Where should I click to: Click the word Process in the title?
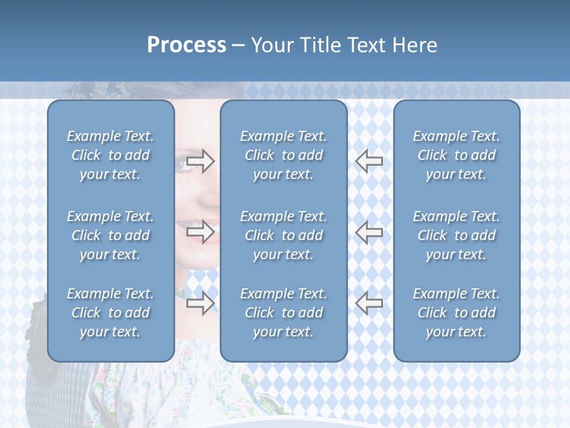click(x=186, y=45)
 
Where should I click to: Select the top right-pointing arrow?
click(x=200, y=160)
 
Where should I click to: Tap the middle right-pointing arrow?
click(x=200, y=232)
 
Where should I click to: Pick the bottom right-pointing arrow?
click(x=200, y=304)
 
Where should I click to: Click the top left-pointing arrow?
click(x=369, y=160)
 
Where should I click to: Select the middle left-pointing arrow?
click(x=369, y=232)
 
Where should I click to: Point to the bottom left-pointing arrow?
click(x=369, y=304)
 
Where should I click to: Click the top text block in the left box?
click(x=110, y=155)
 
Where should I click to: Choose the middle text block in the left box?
click(x=110, y=235)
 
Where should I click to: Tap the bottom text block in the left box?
click(x=110, y=313)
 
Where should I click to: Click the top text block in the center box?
click(x=283, y=155)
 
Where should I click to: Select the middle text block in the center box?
click(x=283, y=235)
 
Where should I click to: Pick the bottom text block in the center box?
click(x=283, y=313)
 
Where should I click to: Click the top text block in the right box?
click(x=456, y=155)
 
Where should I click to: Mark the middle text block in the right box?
click(x=456, y=235)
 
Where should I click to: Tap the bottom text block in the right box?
click(x=456, y=313)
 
